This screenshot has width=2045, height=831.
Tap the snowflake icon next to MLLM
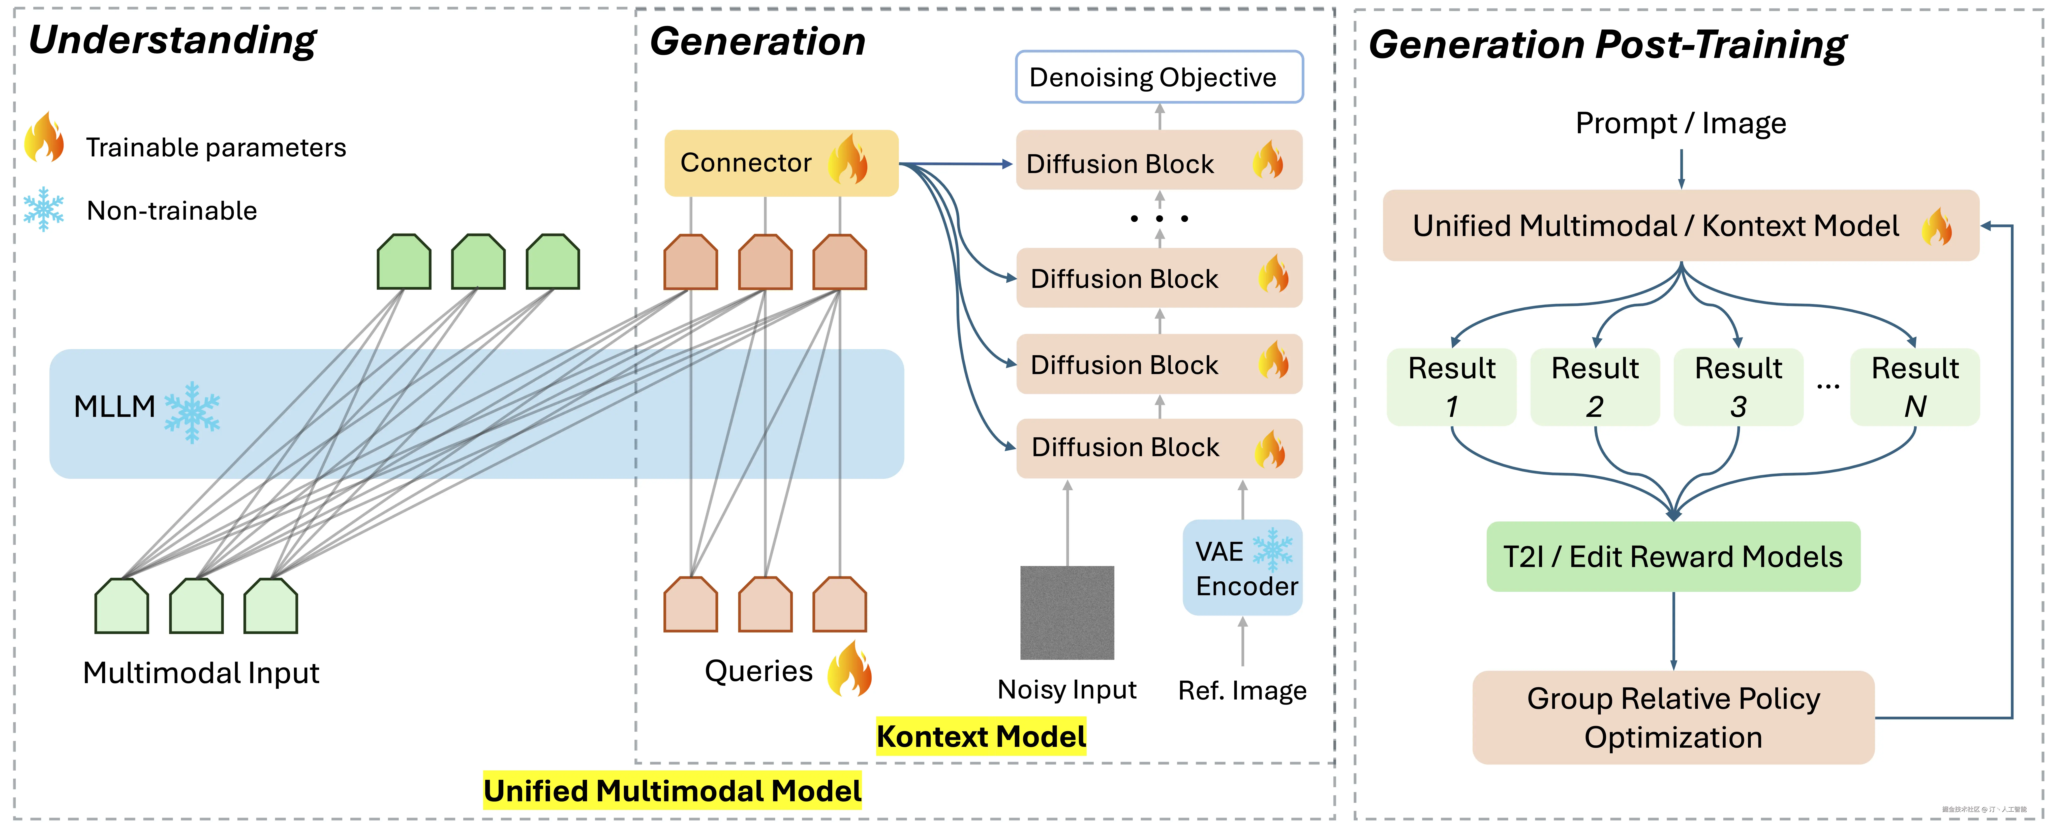pyautogui.click(x=192, y=411)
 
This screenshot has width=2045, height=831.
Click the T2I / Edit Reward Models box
pyautogui.click(x=1673, y=556)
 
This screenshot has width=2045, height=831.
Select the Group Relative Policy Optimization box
pyautogui.click(x=1673, y=717)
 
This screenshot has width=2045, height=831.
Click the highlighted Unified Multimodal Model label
pyautogui.click(x=672, y=790)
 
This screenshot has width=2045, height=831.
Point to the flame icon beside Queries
pyautogui.click(x=849, y=669)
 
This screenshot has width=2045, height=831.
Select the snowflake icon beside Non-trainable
pyautogui.click(x=44, y=209)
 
